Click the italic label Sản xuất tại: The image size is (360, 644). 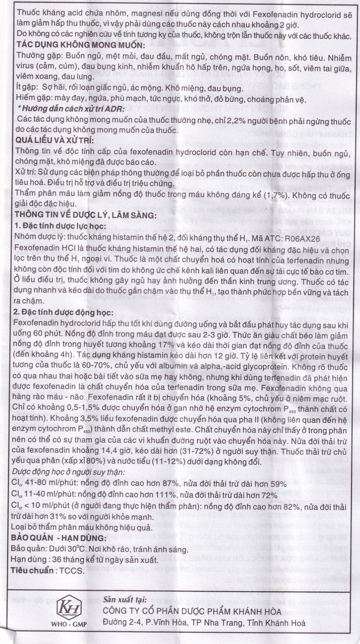(x=125, y=600)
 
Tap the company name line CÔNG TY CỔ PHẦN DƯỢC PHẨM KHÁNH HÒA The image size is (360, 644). (x=192, y=612)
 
